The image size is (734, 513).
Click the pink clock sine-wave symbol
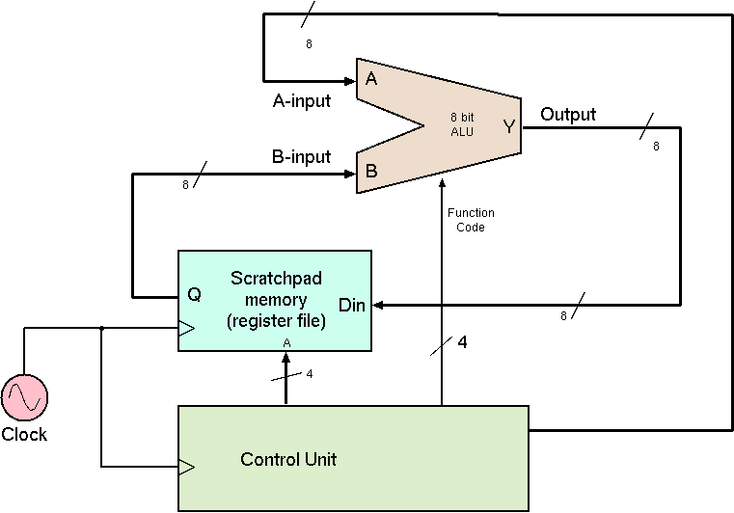pyautogui.click(x=24, y=398)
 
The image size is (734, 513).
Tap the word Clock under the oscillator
pyautogui.click(x=24, y=435)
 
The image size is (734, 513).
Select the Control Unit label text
pyautogui.click(x=288, y=459)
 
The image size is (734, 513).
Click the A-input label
pyautogui.click(x=302, y=100)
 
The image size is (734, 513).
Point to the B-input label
pyautogui.click(x=302, y=157)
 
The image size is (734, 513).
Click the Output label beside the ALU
pyautogui.click(x=568, y=115)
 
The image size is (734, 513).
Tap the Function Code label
pyautogui.click(x=472, y=220)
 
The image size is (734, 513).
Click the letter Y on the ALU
pyautogui.click(x=508, y=126)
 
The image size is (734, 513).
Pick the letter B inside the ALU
pyautogui.click(x=370, y=174)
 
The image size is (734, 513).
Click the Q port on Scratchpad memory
pyautogui.click(x=194, y=295)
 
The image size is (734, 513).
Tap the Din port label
pyautogui.click(x=352, y=306)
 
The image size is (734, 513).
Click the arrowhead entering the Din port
pyautogui.click(x=377, y=305)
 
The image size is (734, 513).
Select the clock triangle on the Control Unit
pyautogui.click(x=186, y=467)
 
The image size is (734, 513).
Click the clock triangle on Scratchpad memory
pyautogui.click(x=186, y=329)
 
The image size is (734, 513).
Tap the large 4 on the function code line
pyautogui.click(x=462, y=342)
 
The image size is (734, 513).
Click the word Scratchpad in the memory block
pyautogui.click(x=276, y=279)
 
